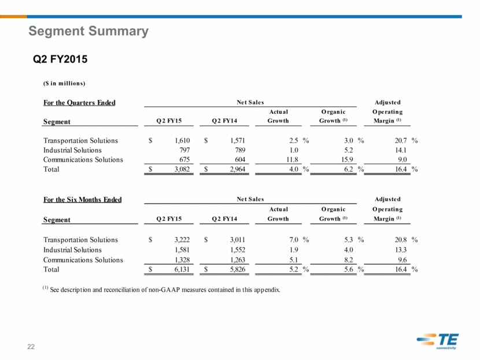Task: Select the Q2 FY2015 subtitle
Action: pyautogui.click(x=60, y=59)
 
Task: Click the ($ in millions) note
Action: pyautogui.click(x=64, y=83)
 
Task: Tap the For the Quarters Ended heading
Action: pyautogui.click(x=79, y=103)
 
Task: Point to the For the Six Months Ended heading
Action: pyautogui.click(x=82, y=200)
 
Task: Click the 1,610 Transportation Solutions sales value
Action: pyautogui.click(x=182, y=140)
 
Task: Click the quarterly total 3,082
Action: pyautogui.click(x=182, y=169)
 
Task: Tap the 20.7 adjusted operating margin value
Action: pyautogui.click(x=401, y=140)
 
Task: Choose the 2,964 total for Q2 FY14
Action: pyautogui.click(x=238, y=169)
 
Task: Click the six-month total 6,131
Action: pyautogui.click(x=182, y=269)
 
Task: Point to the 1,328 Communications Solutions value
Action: pyautogui.click(x=182, y=259)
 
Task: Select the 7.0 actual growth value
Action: pyautogui.click(x=294, y=240)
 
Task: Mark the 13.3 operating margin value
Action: pyautogui.click(x=401, y=250)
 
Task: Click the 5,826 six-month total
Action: pyautogui.click(x=238, y=269)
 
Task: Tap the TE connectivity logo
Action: pyautogui.click(x=438, y=341)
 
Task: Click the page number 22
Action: pyautogui.click(x=31, y=347)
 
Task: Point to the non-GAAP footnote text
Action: pyautogui.click(x=161, y=290)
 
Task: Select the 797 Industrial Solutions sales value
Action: pyautogui.click(x=184, y=150)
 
